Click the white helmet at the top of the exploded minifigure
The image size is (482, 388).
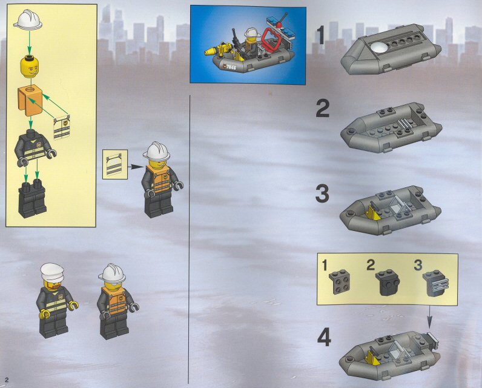[28, 19]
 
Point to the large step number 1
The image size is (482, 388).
[320, 35]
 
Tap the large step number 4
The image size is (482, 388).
[324, 337]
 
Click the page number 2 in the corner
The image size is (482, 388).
[7, 380]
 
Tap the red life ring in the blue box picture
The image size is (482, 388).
[271, 39]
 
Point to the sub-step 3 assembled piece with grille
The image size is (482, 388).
[435, 283]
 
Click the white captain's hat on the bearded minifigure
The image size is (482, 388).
[52, 272]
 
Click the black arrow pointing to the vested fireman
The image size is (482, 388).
[136, 167]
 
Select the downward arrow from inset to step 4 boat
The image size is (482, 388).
[429, 317]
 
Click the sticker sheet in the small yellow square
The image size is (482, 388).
[114, 164]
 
